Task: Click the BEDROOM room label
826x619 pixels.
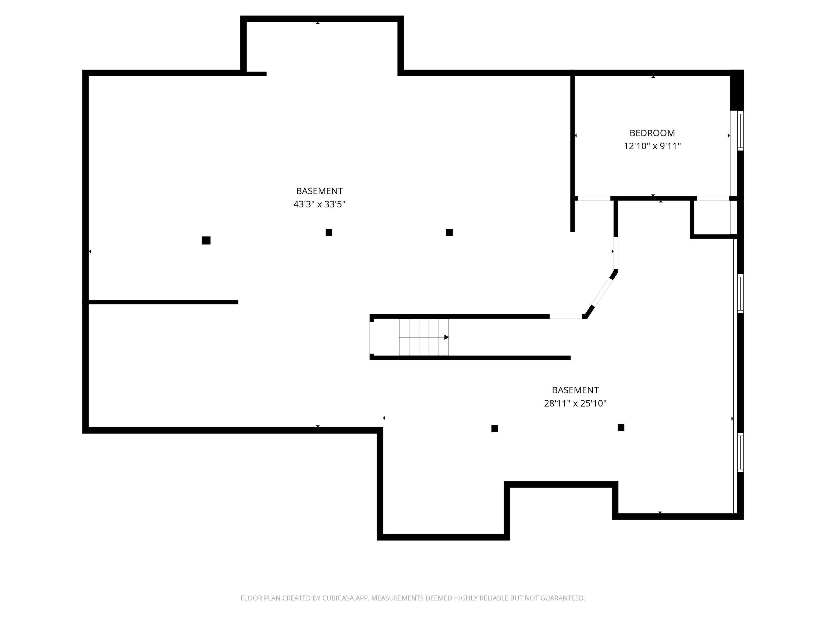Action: pos(652,133)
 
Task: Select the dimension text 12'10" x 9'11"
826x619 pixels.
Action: pos(652,146)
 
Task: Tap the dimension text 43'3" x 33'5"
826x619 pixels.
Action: pos(319,204)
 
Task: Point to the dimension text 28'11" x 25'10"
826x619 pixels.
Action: pos(575,403)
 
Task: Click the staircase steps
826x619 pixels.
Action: pos(424,337)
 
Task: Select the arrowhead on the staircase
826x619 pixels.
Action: pos(447,337)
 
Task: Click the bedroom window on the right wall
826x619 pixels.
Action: pos(740,131)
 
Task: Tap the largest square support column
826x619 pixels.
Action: pos(206,241)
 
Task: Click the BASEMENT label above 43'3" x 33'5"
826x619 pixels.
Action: pos(319,191)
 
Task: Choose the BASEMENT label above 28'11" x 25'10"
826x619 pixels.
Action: pos(575,390)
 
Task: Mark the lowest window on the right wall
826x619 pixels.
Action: pos(740,453)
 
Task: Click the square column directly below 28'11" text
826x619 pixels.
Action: pos(494,429)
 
